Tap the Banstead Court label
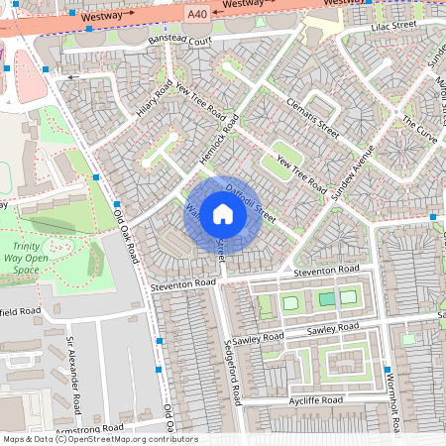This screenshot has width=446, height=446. tap(179, 42)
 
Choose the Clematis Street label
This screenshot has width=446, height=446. tap(312, 117)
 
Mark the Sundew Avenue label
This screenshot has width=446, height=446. tap(352, 170)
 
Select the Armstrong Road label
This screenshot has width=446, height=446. tap(88, 428)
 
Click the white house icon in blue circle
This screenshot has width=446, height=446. tap(223, 213)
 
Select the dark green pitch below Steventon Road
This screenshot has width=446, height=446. tap(326, 298)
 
